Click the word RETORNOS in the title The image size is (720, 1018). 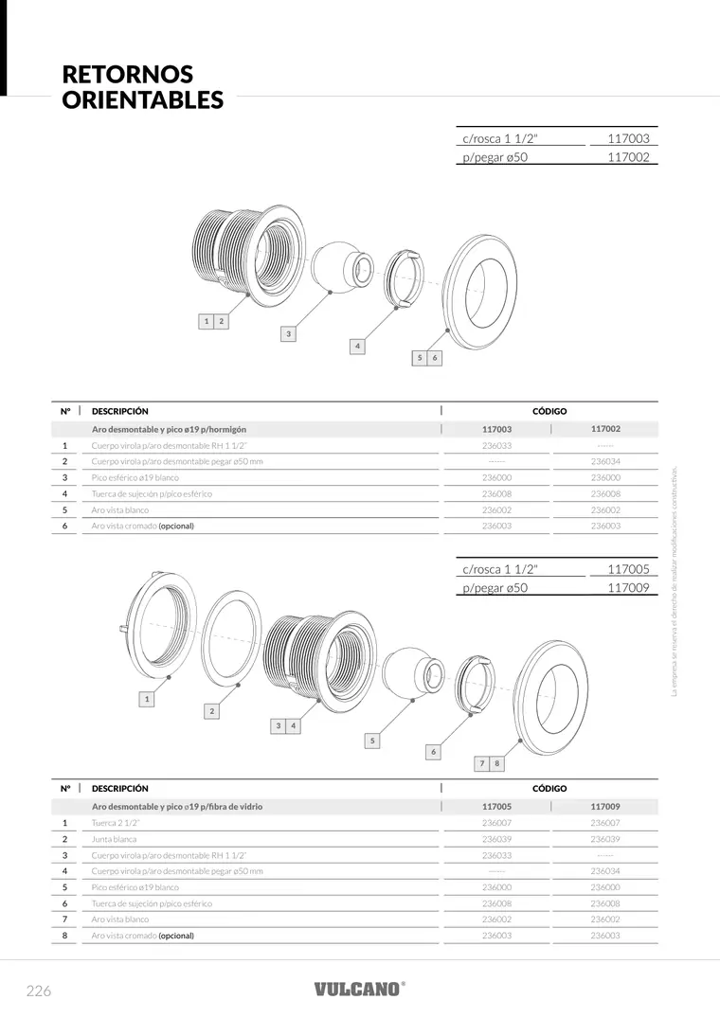click(127, 74)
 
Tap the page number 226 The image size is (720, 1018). click(38, 991)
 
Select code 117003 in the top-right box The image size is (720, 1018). click(628, 138)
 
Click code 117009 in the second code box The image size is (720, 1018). click(628, 587)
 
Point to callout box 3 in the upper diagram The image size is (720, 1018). click(288, 333)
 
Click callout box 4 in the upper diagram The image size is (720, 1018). click(357, 346)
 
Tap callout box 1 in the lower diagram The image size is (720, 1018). click(147, 699)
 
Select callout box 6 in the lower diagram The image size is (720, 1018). click(433, 752)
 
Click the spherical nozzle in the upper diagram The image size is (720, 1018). click(341, 267)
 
